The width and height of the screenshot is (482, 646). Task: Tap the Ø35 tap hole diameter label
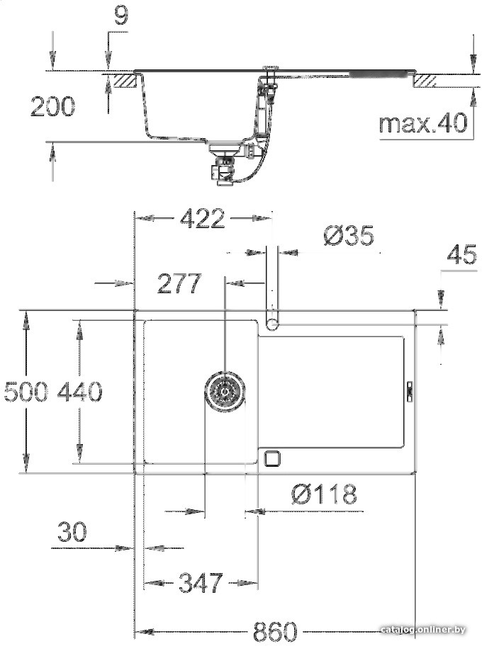[348, 235]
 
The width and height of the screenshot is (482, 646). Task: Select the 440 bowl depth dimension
[79, 391]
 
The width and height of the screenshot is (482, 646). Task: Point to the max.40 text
[423, 123]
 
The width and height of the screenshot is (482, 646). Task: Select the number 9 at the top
[121, 16]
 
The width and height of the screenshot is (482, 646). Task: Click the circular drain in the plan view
[225, 390]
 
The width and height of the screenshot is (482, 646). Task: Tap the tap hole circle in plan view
[272, 323]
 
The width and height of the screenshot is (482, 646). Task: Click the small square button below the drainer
[272, 458]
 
